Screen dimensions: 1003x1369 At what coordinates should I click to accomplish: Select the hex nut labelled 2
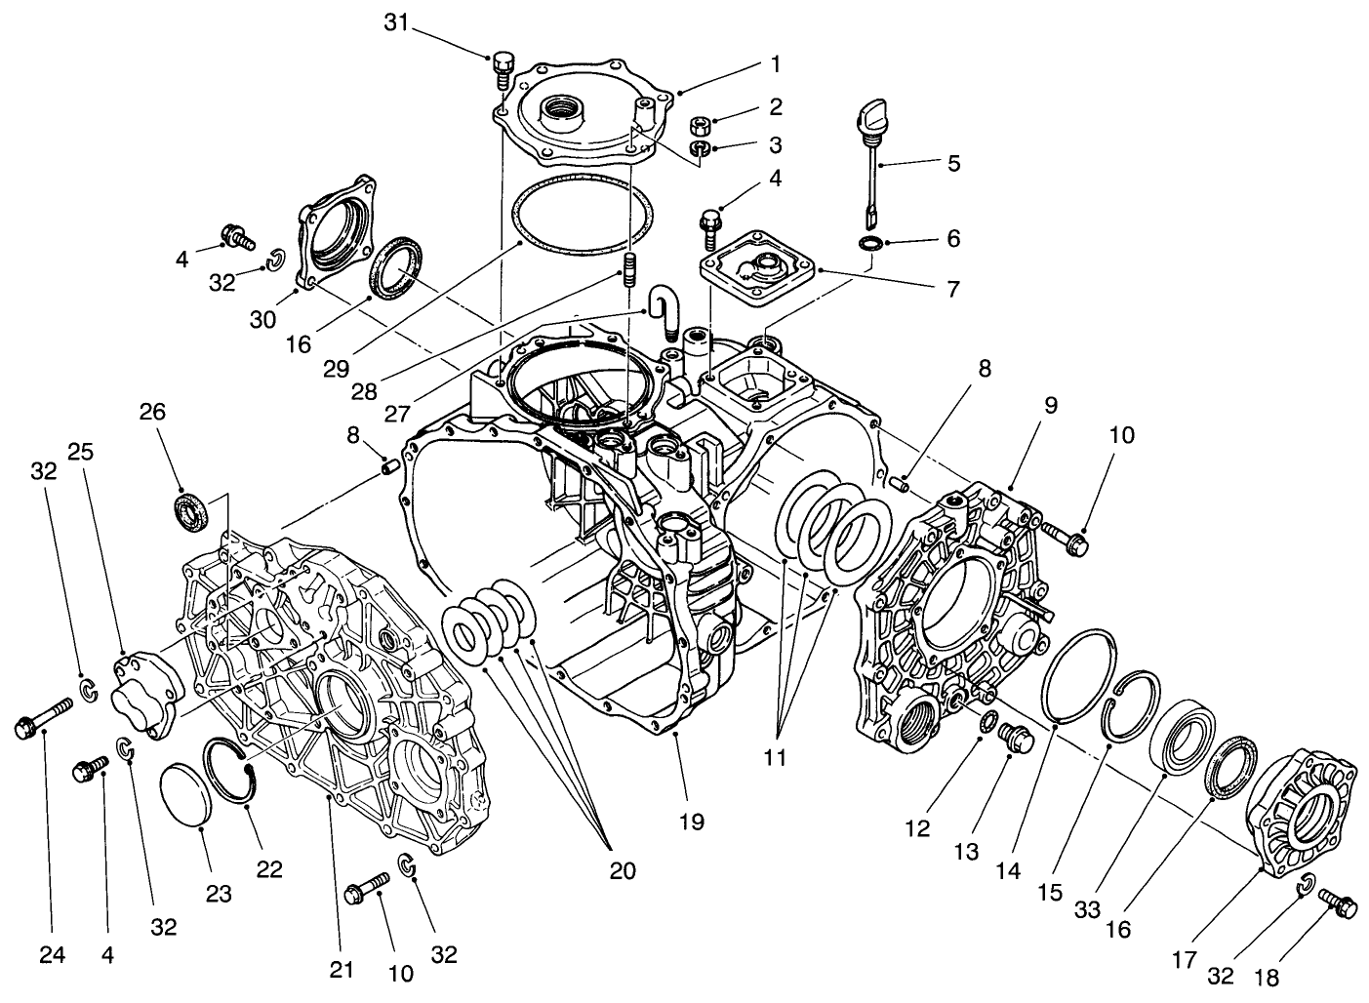[699, 126]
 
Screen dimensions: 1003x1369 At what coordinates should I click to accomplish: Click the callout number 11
[775, 757]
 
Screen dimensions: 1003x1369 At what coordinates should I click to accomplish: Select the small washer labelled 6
[870, 241]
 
